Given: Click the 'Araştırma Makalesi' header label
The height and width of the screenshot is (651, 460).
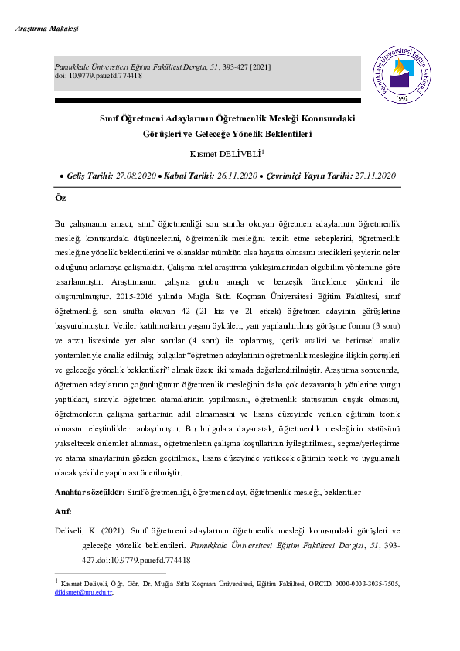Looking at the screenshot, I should coord(47,29).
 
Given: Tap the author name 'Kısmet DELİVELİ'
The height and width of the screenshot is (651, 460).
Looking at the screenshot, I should coord(228,153).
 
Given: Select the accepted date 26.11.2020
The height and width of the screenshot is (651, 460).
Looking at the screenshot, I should coord(234,176).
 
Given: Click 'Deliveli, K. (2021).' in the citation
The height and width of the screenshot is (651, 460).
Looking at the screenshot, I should coord(92,532).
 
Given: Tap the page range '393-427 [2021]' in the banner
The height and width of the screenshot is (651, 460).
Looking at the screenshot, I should coord(244,67).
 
